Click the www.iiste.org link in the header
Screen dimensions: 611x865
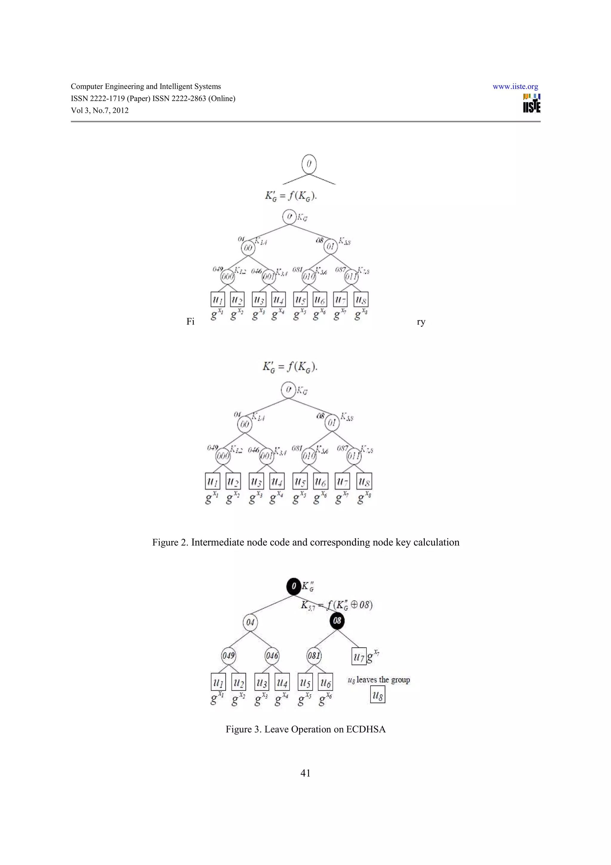(515, 87)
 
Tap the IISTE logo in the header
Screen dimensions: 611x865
(532, 103)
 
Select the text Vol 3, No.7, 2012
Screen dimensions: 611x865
(100, 110)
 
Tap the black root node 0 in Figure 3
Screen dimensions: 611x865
(294, 586)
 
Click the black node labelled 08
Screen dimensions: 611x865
(337, 621)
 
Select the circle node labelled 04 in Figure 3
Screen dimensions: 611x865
(250, 622)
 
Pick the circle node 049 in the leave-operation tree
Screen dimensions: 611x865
(228, 655)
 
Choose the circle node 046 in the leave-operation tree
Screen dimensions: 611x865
(272, 655)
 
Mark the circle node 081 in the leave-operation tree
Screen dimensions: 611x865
(314, 655)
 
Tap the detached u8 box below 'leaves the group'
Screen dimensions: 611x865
(378, 695)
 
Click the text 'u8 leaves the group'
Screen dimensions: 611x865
(378, 680)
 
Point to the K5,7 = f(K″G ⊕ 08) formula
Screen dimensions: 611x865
(337, 605)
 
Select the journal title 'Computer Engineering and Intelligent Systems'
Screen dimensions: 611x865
(146, 86)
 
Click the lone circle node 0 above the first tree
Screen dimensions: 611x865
(309, 164)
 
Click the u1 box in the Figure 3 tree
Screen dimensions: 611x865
(218, 682)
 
